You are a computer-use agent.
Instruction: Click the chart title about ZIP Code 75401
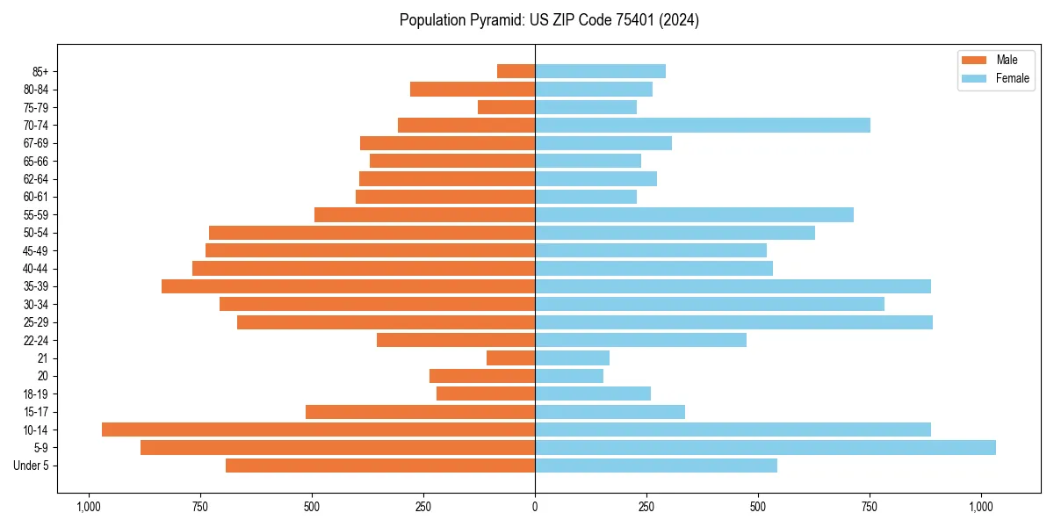[549, 20]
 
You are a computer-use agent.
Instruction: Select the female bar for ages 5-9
[765, 448]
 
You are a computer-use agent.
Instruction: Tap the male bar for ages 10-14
[318, 430]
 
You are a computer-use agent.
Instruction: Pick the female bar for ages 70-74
[703, 126]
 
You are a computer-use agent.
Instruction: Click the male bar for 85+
[516, 71]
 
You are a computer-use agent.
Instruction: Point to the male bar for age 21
[510, 358]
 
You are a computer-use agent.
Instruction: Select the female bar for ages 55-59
[694, 215]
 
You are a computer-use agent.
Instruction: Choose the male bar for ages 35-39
[348, 286]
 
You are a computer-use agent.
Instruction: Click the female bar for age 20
[569, 376]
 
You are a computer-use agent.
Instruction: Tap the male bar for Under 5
[380, 466]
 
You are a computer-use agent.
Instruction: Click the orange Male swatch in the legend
[975, 60]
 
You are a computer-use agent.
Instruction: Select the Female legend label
[1012, 78]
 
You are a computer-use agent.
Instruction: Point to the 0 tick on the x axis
[535, 507]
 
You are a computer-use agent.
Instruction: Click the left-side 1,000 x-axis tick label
[88, 507]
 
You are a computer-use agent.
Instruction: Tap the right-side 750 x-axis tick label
[870, 507]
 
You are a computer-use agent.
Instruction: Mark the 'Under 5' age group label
[32, 466]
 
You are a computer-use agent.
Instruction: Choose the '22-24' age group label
[36, 340]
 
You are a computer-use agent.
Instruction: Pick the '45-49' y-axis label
[36, 250]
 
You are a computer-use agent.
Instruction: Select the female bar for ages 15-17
[610, 412]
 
